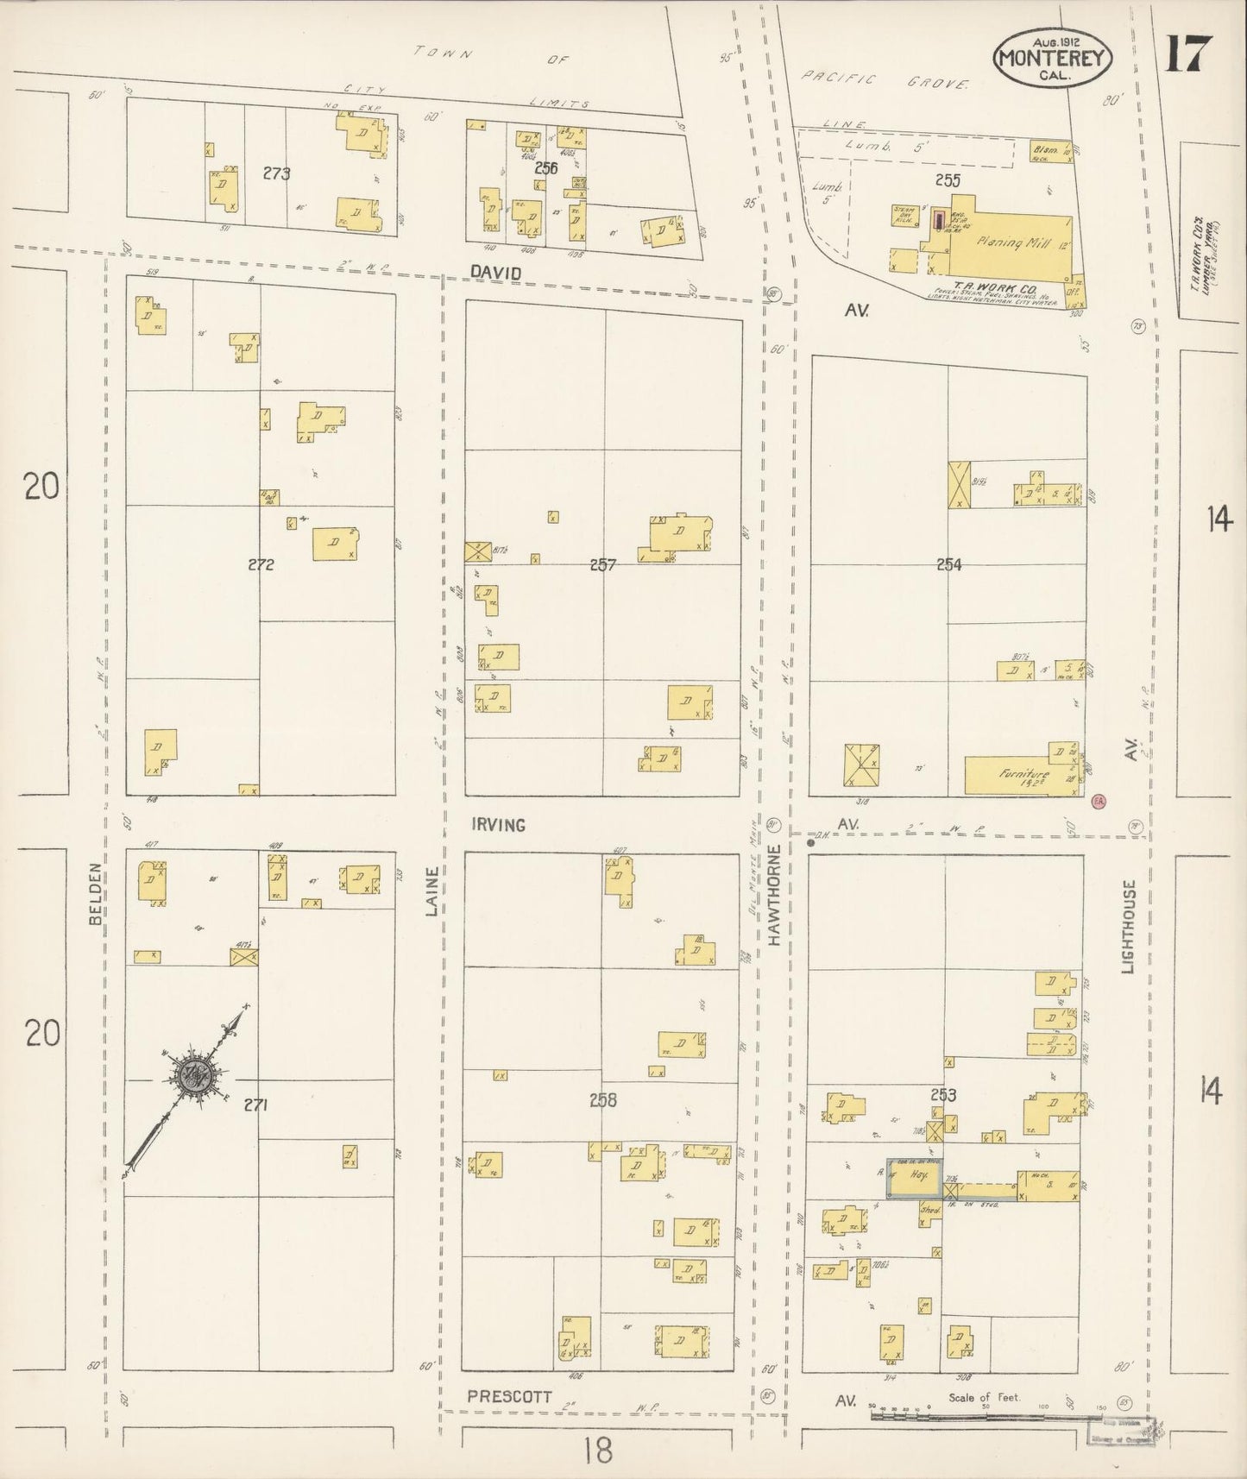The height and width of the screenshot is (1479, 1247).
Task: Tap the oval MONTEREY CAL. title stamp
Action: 1055,58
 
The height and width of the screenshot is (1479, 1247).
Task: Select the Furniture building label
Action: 1023,775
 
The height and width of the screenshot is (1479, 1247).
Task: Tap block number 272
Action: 261,565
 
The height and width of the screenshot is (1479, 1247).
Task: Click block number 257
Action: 602,565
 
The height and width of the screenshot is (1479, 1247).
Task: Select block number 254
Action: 948,565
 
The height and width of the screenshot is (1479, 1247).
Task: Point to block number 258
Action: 602,1100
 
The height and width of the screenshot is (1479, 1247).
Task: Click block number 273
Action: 276,173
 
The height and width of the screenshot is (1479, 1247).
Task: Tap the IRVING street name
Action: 499,825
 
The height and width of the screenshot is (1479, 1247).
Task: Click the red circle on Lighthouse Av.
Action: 1099,802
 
